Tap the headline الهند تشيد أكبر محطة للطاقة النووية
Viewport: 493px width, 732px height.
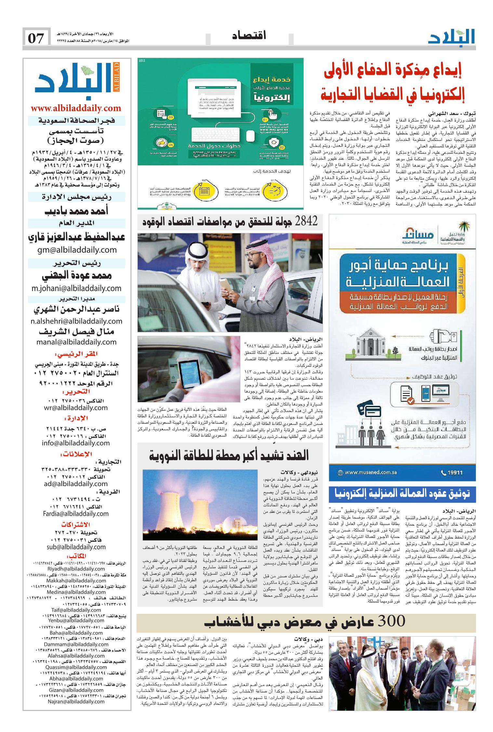(x=229, y=455)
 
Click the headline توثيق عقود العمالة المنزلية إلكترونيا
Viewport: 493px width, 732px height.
(x=402, y=494)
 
